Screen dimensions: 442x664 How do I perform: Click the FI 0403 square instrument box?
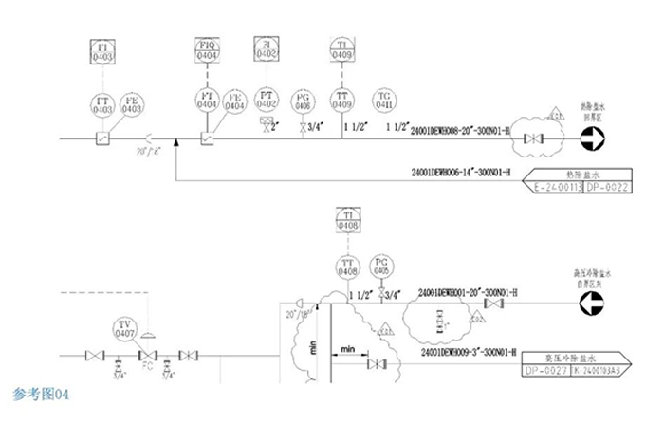click(x=102, y=52)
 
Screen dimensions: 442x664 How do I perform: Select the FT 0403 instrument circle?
click(x=102, y=104)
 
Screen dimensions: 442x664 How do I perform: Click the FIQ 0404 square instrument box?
click(x=207, y=51)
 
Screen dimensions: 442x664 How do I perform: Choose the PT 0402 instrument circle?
click(x=266, y=101)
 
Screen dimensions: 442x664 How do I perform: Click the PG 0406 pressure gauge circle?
click(x=304, y=101)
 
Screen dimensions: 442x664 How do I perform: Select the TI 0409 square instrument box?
click(x=342, y=51)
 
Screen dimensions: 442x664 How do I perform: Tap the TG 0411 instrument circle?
click(x=385, y=101)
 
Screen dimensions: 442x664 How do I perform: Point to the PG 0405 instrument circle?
click(x=381, y=267)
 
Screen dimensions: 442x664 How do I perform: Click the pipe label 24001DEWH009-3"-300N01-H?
click(x=465, y=351)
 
